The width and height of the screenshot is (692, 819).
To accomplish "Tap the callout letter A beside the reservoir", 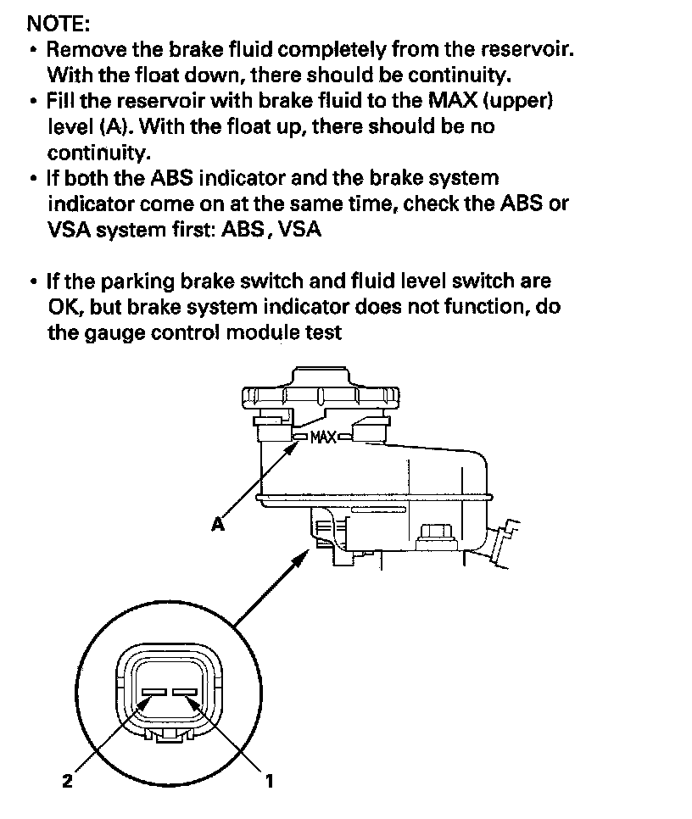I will click(x=218, y=525).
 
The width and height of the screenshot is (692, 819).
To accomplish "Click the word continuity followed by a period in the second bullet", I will click(x=97, y=153).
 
